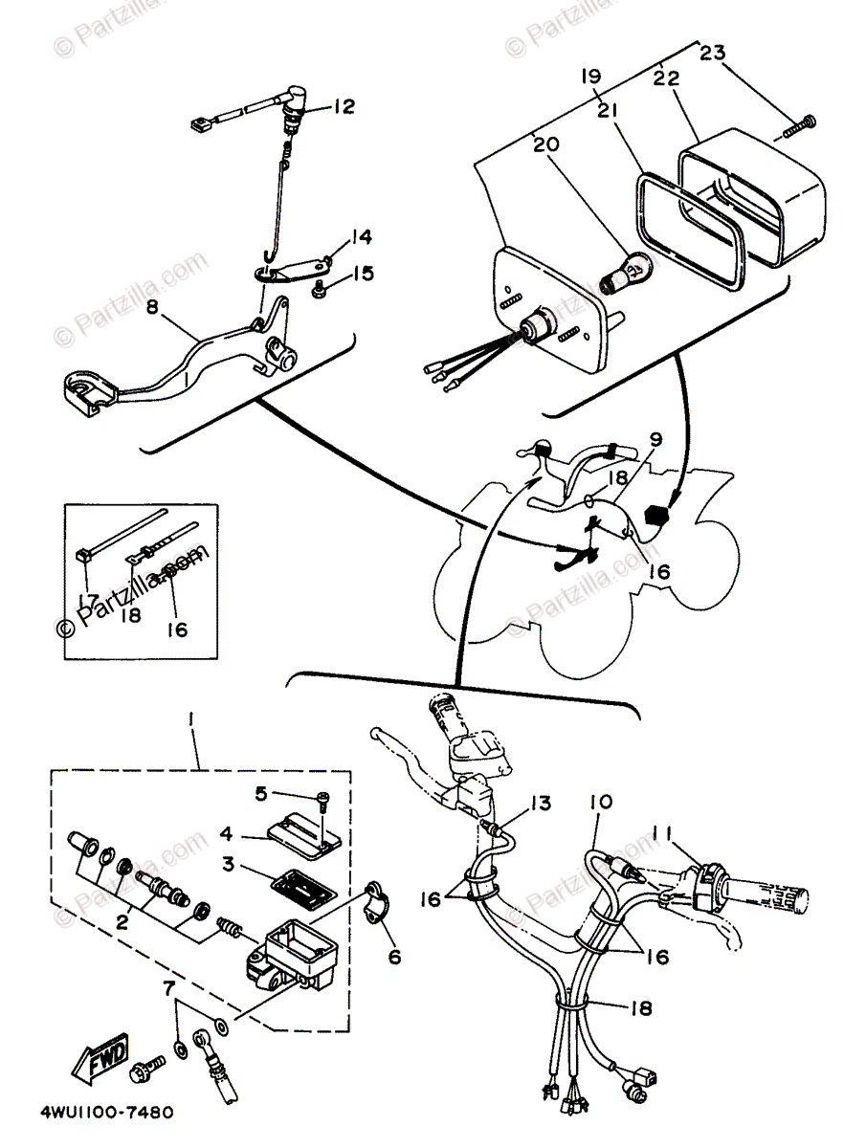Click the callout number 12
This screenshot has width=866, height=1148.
pos(343,107)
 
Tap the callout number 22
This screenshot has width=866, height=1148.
pos(667,77)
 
